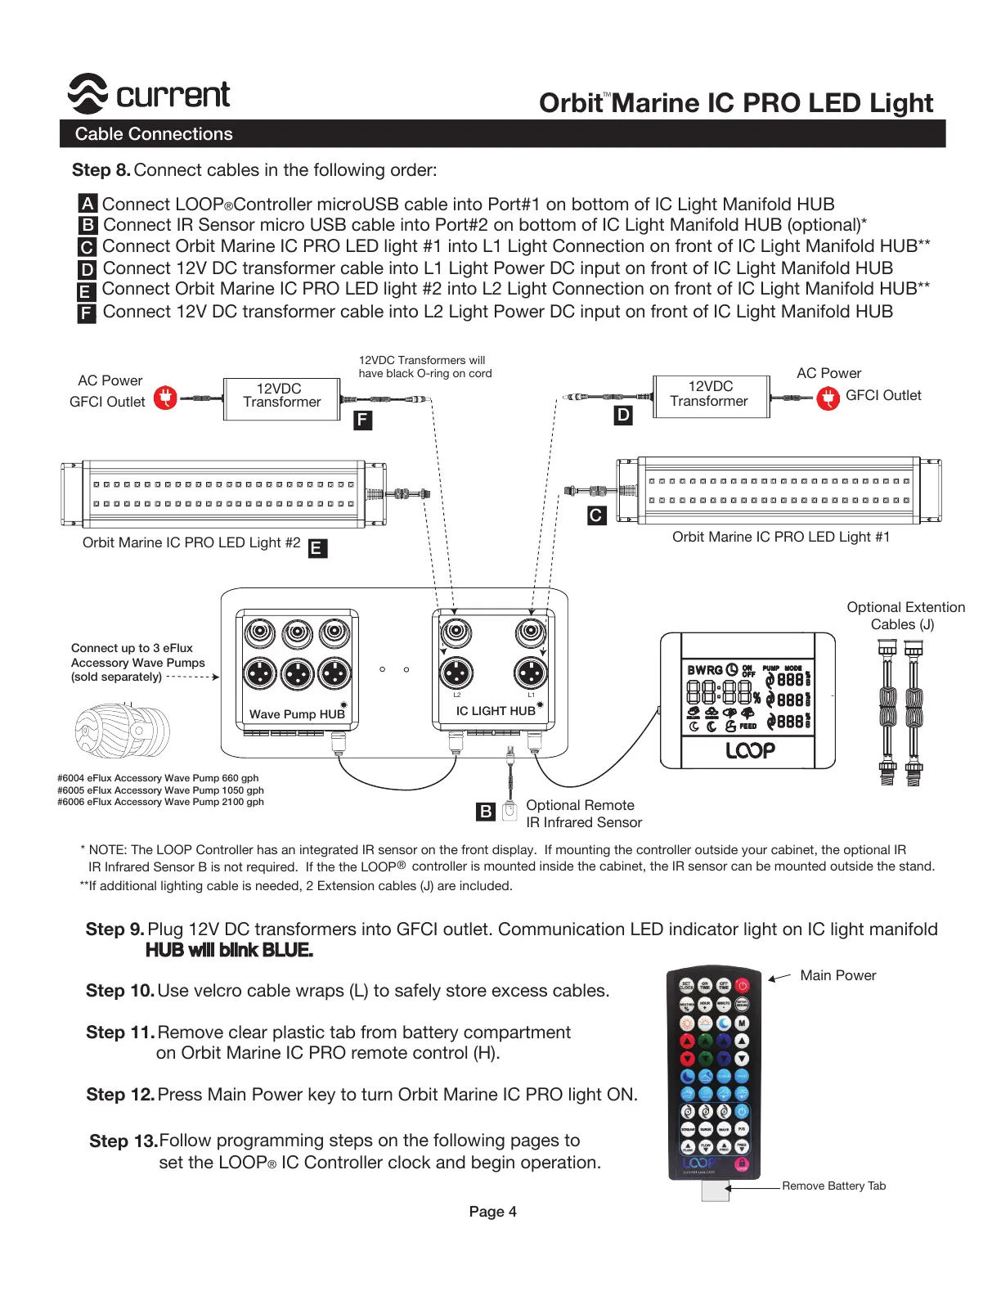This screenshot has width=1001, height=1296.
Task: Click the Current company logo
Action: (149, 94)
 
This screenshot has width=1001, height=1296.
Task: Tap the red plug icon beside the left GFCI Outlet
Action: (166, 398)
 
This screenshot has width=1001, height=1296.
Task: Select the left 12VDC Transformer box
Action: (281, 398)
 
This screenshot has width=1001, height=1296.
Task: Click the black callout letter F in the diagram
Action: (362, 421)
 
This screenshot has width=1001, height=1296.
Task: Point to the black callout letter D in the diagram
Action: (623, 416)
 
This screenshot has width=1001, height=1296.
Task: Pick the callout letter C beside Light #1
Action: (596, 515)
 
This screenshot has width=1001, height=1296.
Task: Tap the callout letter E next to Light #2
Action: (316, 548)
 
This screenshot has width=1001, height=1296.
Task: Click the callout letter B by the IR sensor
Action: (486, 812)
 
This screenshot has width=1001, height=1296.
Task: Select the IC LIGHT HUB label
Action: (496, 711)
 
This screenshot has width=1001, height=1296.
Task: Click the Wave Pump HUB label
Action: (297, 714)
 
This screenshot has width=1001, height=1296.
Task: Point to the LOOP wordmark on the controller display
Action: (750, 750)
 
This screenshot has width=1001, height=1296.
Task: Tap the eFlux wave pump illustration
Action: (123, 731)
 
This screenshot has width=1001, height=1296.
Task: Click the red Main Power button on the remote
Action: (742, 985)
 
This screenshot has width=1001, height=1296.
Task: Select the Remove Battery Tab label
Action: (833, 1186)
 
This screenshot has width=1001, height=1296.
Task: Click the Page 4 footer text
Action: (492, 1212)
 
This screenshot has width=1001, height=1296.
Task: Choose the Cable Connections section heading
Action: (154, 134)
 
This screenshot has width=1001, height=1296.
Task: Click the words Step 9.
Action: (114, 929)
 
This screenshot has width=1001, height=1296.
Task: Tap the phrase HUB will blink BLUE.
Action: (229, 950)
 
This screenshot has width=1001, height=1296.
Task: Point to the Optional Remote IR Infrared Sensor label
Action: (583, 813)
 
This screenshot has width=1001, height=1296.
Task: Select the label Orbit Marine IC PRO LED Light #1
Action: (780, 537)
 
